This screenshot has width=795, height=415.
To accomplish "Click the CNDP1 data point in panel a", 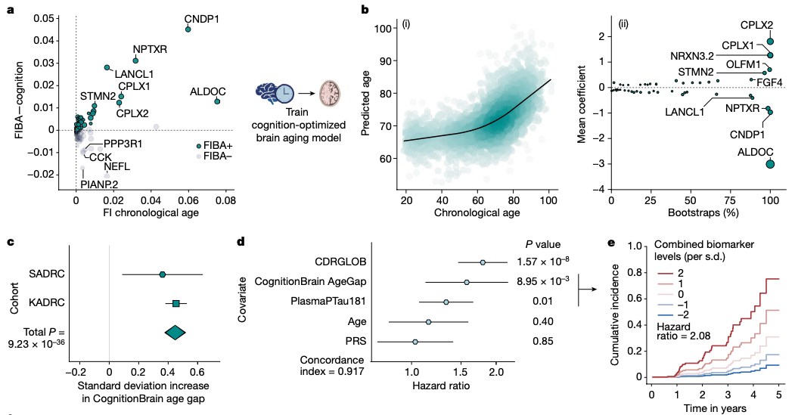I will pyautogui.click(x=188, y=29).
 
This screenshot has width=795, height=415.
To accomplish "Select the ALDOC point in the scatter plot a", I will pyautogui.click(x=217, y=101).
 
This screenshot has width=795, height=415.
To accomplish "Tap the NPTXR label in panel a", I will pyautogui.click(x=150, y=49).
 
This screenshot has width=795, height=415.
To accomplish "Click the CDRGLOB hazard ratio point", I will pyautogui.click(x=483, y=262).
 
